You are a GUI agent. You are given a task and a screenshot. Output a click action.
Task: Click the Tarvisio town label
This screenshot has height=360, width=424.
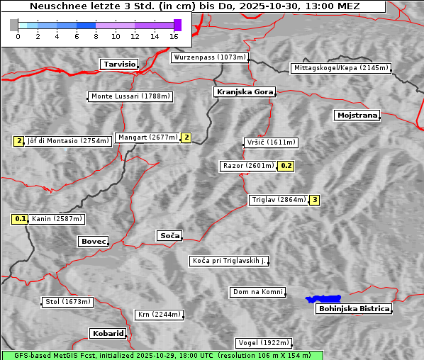(x=119, y=64)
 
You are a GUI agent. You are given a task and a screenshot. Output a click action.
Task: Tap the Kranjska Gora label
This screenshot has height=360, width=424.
(x=243, y=92)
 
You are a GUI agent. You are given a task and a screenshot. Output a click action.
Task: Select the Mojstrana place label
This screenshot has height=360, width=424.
(x=357, y=115)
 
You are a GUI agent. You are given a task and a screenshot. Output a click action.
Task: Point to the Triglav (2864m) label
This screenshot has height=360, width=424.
(x=279, y=200)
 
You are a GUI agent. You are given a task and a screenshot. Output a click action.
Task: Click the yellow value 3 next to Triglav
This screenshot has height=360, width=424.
(x=315, y=200)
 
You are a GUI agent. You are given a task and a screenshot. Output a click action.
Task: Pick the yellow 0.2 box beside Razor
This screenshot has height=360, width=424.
(x=286, y=166)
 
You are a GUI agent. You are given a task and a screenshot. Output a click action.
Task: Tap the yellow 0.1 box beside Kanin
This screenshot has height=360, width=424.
(x=21, y=219)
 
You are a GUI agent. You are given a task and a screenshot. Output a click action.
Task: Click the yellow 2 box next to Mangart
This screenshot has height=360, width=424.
(x=186, y=137)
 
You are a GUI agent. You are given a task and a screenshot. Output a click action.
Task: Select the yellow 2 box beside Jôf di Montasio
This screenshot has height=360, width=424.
(x=18, y=141)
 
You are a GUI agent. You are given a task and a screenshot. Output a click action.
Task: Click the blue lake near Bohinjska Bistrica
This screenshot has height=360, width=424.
(x=323, y=299)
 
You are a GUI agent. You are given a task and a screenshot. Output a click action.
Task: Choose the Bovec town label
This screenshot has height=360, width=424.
(x=93, y=242)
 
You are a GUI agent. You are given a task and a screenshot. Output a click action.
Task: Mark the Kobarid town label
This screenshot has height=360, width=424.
(x=108, y=333)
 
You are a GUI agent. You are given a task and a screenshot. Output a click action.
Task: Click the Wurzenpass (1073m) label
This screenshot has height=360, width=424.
(x=210, y=57)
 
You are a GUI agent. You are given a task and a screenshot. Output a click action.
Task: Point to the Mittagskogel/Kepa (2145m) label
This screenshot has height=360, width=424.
(x=340, y=68)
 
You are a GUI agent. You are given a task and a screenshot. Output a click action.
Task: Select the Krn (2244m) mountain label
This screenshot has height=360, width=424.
(x=159, y=315)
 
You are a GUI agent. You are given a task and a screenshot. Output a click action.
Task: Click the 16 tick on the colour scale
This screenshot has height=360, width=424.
(x=174, y=36)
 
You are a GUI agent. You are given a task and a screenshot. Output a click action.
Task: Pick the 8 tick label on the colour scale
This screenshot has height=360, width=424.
(x=96, y=36)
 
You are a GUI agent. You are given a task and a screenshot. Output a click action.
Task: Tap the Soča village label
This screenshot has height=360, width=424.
(x=169, y=235)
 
